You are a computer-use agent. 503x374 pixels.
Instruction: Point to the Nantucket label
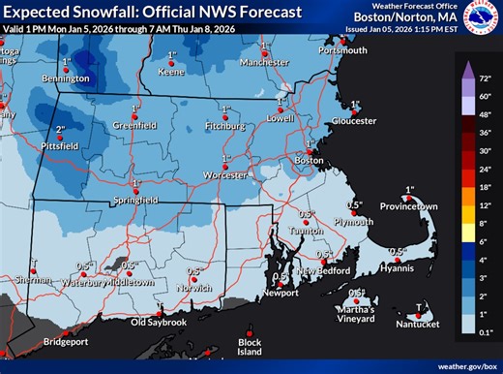coord(418,324)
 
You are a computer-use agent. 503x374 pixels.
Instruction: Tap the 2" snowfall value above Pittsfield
coord(60,129)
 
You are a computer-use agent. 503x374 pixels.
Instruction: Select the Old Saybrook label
coord(159,321)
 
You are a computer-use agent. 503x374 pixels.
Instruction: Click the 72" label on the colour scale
coord(487,74)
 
